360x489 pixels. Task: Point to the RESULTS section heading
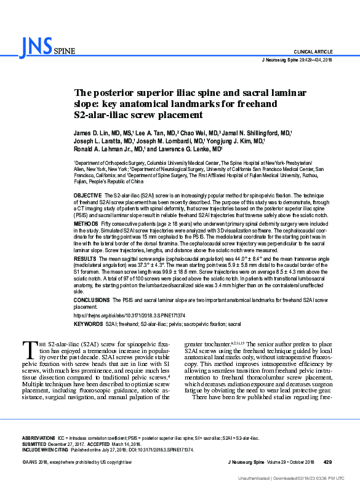tap(85, 261)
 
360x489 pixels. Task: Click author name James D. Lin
tap(90, 132)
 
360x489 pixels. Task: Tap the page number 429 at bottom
tap(327, 461)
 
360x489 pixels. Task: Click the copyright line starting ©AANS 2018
tap(78, 461)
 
